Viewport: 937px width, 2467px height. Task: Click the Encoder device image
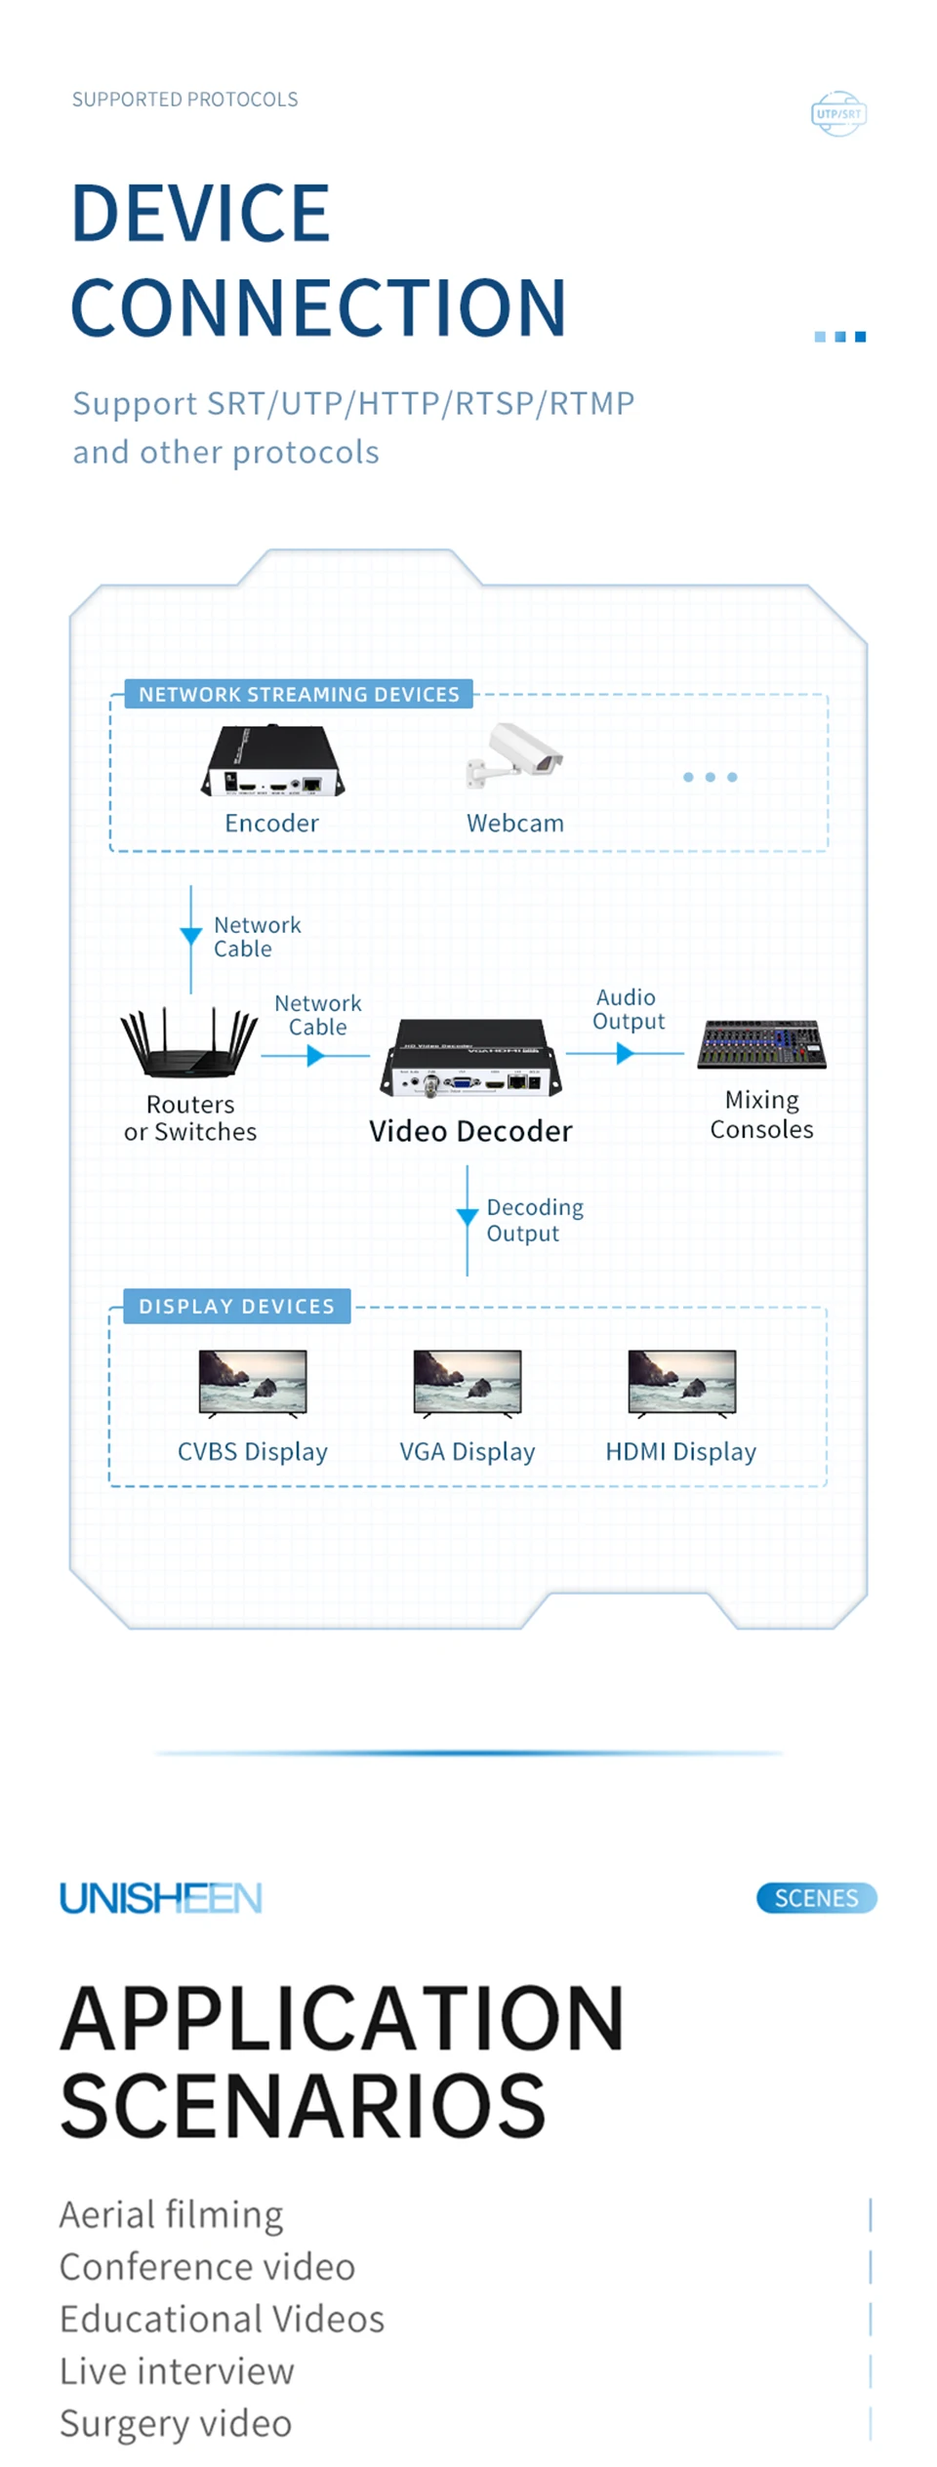[272, 761]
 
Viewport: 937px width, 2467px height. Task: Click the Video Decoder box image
[471, 1059]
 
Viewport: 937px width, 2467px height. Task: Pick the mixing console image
[761, 1044]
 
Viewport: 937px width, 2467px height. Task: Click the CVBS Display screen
[253, 1382]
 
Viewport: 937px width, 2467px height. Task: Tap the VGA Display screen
[468, 1382]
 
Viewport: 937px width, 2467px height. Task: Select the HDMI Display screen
[682, 1382]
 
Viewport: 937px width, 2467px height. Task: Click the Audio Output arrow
[626, 1054]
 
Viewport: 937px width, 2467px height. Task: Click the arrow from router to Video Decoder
[315, 1056]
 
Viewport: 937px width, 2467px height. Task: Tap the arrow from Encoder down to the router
[191, 936]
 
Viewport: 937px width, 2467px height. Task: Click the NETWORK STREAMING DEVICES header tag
[299, 694]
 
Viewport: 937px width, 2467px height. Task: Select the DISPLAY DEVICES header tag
[236, 1306]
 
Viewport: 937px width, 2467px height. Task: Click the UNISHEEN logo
[161, 1898]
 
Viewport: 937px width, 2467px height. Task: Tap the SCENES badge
[816, 1898]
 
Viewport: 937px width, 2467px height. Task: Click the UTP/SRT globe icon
[838, 114]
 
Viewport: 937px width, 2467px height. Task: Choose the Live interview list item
[177, 2371]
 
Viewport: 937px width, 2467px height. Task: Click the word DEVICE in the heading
[201, 214]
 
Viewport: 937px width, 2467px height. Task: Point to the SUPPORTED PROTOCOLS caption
[184, 100]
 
